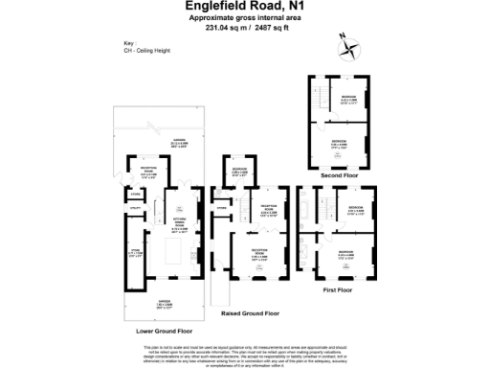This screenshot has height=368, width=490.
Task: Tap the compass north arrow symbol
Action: [x=347, y=45]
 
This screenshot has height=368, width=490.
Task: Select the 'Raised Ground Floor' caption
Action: [x=250, y=312]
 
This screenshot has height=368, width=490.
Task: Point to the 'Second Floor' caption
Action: [x=336, y=174]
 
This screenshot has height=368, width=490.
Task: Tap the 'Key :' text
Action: [x=130, y=44]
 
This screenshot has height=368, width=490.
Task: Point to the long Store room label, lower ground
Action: [x=133, y=254]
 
